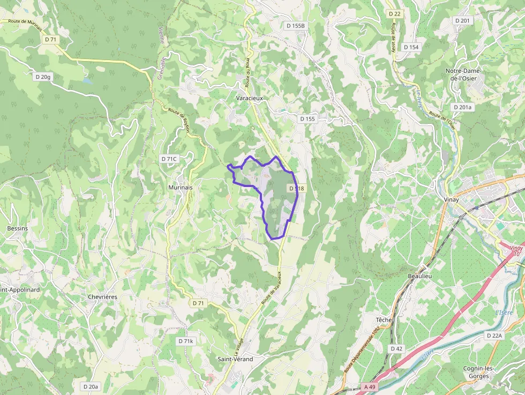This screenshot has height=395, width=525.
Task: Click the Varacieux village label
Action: (x=249, y=99)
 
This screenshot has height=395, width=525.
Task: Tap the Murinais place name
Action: (x=180, y=188)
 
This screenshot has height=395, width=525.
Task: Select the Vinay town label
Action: (x=452, y=199)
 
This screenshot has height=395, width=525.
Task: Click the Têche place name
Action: (x=384, y=320)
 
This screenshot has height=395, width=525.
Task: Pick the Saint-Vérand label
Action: (x=235, y=359)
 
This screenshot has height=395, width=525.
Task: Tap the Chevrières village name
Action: (x=102, y=296)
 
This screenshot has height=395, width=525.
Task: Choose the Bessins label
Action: (x=17, y=228)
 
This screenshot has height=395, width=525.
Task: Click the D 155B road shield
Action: (x=295, y=26)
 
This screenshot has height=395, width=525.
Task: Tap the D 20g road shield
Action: (x=43, y=77)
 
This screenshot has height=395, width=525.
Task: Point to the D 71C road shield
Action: (x=169, y=159)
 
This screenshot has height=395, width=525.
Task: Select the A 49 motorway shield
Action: (x=369, y=386)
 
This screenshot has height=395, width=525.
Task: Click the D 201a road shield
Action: (x=463, y=107)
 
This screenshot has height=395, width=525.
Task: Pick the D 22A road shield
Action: (x=494, y=336)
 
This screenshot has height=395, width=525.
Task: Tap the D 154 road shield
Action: (x=411, y=47)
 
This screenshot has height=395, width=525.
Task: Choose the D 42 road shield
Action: (x=396, y=348)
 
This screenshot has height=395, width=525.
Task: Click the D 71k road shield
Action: (x=185, y=341)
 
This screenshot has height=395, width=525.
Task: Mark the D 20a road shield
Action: (x=91, y=386)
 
